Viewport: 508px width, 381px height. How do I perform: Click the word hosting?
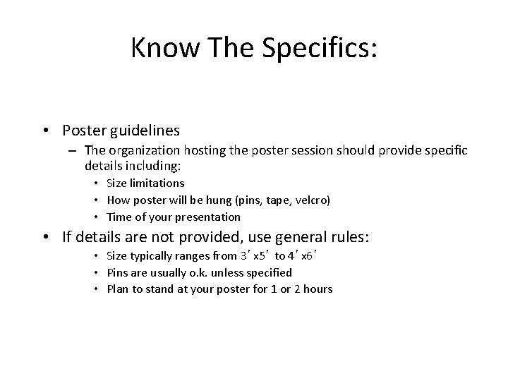click(195, 150)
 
